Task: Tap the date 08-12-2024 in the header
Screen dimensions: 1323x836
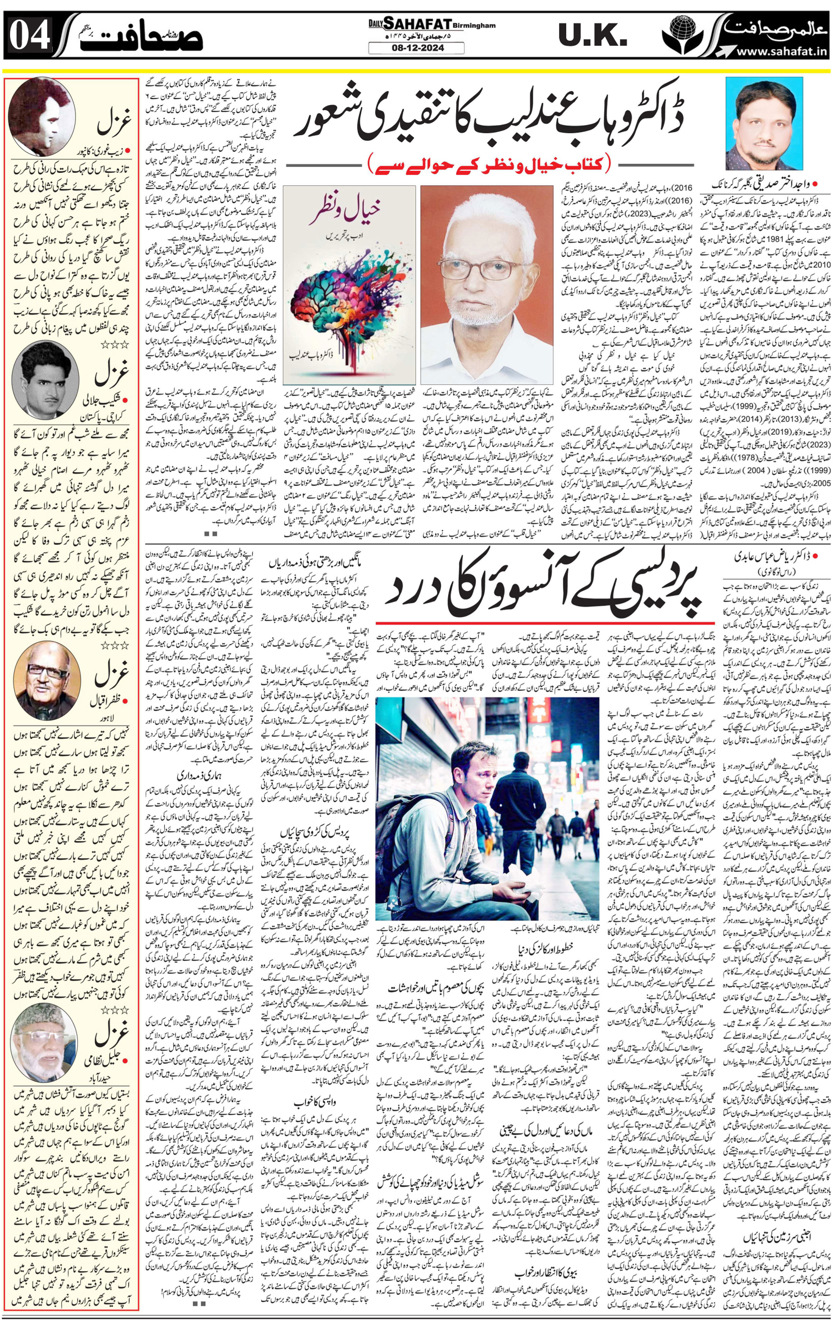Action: pyautogui.click(x=416, y=48)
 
